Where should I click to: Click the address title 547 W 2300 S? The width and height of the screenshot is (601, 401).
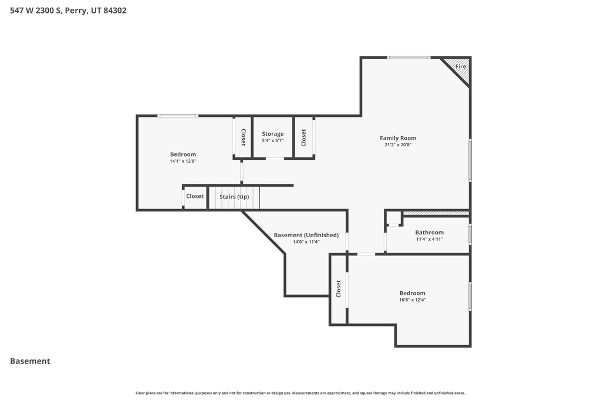point(68,10)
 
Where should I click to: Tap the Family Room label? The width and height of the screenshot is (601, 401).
point(398,138)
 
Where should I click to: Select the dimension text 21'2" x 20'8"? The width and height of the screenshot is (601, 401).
point(398,144)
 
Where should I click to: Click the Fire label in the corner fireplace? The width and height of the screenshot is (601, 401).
point(461,66)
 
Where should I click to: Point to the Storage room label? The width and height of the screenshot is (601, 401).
point(272,134)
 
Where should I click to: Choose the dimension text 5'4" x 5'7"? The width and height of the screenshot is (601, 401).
point(272,140)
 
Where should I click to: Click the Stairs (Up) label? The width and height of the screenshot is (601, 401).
point(234,197)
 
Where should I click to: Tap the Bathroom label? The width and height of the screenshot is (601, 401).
point(429,232)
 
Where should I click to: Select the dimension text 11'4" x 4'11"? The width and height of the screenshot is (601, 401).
point(429,239)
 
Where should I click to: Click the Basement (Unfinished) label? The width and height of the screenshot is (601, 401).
point(306,235)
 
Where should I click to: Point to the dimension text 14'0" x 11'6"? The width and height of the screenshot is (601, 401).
point(306,241)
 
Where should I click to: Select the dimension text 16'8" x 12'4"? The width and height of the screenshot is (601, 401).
point(412,299)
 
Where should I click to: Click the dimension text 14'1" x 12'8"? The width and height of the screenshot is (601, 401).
point(183,161)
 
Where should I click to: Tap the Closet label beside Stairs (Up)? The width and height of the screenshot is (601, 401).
point(195,196)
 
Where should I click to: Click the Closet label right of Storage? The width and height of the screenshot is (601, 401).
point(303,137)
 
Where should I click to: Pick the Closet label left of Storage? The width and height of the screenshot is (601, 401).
point(243,137)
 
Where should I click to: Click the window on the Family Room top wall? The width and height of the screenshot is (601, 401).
point(408,58)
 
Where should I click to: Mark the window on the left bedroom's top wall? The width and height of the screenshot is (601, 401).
point(178,116)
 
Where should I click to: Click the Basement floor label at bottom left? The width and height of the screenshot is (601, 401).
point(30,361)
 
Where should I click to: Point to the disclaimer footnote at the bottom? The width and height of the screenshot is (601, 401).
point(300,393)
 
